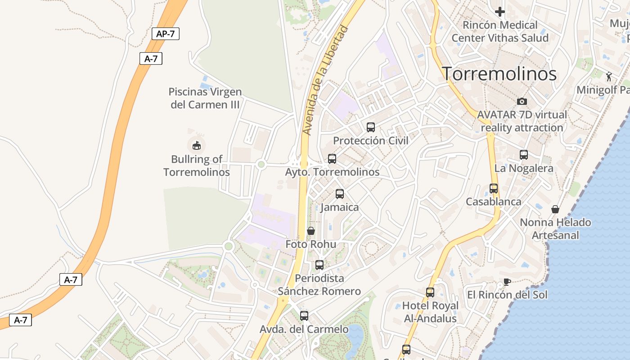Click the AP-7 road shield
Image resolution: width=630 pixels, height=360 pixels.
click(x=166, y=34)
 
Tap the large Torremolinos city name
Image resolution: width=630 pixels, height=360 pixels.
click(x=499, y=74)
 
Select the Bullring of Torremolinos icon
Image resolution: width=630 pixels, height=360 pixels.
click(x=197, y=145)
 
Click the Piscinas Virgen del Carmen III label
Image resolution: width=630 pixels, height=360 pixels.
click(x=205, y=98)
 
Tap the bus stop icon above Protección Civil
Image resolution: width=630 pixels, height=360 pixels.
click(x=371, y=127)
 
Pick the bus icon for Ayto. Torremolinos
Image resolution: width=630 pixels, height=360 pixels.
click(x=332, y=159)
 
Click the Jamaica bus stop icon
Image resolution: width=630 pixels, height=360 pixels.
click(x=340, y=194)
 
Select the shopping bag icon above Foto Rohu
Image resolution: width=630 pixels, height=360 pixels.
click(x=311, y=231)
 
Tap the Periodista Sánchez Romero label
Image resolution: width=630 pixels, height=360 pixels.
click(x=319, y=285)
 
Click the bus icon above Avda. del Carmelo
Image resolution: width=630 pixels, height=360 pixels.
click(x=304, y=316)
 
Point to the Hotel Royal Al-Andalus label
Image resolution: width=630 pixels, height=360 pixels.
click(x=430, y=312)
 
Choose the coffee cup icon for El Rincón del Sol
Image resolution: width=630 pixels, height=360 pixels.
click(x=507, y=282)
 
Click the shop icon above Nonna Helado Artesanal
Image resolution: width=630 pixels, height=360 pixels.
click(x=555, y=209)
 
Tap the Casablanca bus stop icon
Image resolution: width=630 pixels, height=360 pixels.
click(x=494, y=189)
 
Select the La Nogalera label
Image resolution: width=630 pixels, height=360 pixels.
click(x=524, y=169)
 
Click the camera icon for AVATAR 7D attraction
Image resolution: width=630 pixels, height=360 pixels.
click(x=522, y=101)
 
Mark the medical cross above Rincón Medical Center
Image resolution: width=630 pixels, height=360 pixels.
click(x=500, y=12)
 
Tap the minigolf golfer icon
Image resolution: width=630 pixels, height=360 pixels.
click(x=609, y=77)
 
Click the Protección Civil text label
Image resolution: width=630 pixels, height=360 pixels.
click(x=371, y=141)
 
